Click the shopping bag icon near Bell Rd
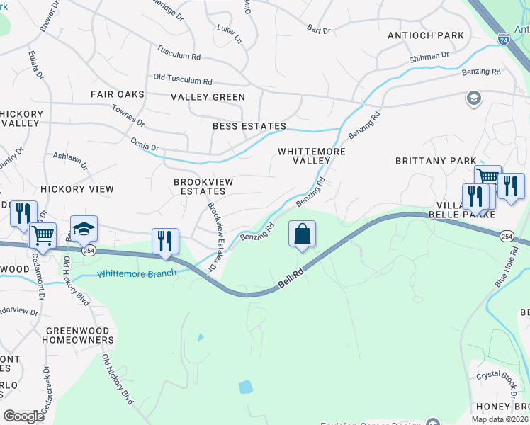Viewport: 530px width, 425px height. tap(302, 234)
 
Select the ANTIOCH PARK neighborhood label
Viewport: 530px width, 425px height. tap(425, 35)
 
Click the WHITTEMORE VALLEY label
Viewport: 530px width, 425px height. tap(312, 156)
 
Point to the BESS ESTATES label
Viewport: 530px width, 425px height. tap(249, 126)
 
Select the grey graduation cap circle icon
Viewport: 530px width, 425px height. tap(473, 98)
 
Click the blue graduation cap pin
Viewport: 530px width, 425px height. tap(84, 229)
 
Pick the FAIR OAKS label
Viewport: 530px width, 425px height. tap(118, 94)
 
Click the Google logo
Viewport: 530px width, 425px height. tap(24, 416)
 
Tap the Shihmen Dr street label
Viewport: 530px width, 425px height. tap(429, 55)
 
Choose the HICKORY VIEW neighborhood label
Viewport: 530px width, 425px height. tap(77, 189)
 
